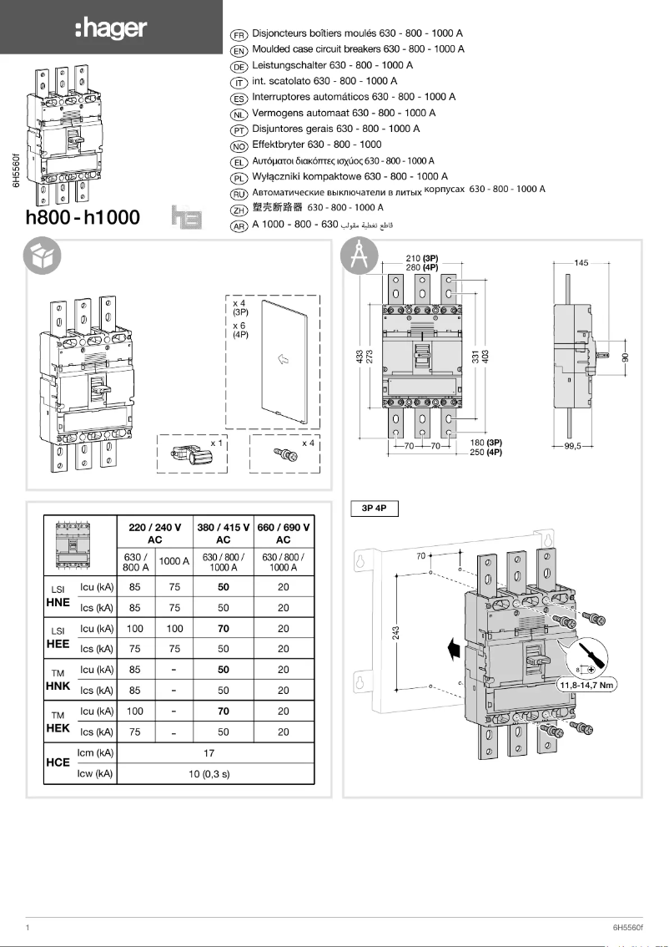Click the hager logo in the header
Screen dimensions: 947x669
pos(110,29)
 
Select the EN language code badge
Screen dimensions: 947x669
pos(239,50)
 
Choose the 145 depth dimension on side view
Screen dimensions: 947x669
pos(581,263)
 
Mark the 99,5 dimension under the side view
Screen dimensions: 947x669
pos(572,446)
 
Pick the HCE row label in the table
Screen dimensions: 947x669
pos(58,763)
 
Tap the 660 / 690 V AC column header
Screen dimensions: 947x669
pos(283,534)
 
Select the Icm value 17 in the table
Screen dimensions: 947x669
pos(209,753)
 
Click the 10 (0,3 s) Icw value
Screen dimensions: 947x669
pos(209,774)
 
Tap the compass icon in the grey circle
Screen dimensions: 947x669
pos(360,256)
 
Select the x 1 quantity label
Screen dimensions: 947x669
pos(216,442)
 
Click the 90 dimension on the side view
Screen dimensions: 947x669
pos(626,357)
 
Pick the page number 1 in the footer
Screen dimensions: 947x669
pos(28,928)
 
